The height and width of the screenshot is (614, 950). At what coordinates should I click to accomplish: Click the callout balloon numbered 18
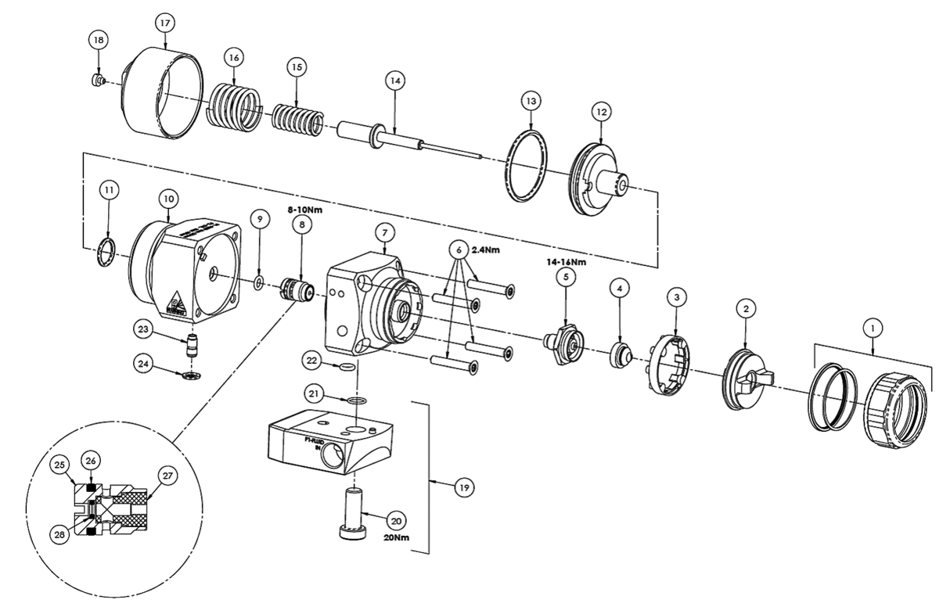98,41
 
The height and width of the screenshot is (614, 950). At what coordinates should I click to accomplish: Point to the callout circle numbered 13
531,102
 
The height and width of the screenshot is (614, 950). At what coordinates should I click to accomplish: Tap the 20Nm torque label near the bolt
398,538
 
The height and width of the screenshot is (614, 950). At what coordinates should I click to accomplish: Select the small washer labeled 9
258,281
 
